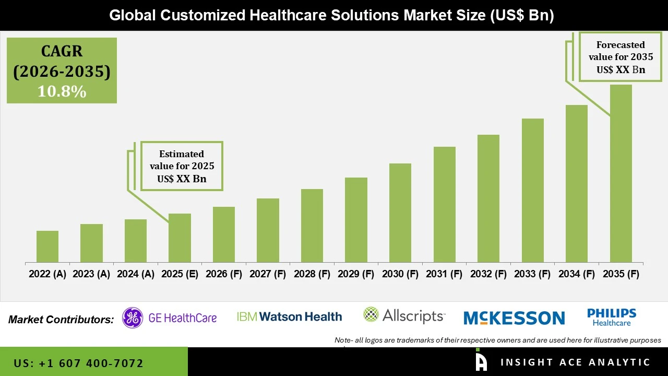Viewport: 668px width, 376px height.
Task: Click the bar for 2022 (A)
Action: pyautogui.click(x=47, y=246)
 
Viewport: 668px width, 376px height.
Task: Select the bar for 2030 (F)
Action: pyautogui.click(x=400, y=213)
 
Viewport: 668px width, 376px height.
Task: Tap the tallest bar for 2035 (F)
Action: pyautogui.click(x=621, y=173)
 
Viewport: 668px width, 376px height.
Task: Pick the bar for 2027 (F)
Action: pyautogui.click(x=268, y=230)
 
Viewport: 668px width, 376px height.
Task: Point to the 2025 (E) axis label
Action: pyautogui.click(x=180, y=274)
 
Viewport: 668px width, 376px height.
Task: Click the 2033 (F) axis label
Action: pyautogui.click(x=532, y=274)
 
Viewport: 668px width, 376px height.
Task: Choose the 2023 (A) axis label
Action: pyautogui.click(x=91, y=274)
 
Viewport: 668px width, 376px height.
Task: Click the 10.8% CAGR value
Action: pyautogui.click(x=62, y=92)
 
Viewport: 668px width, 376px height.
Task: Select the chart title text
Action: pyautogui.click(x=331, y=15)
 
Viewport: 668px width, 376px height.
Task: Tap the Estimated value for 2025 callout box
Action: pyautogui.click(x=182, y=166)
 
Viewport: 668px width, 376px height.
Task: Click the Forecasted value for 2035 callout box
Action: pyautogui.click(x=621, y=57)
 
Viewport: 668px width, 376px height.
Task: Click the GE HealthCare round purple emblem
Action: pyautogui.click(x=133, y=318)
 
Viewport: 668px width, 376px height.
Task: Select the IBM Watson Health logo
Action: pyautogui.click(x=289, y=316)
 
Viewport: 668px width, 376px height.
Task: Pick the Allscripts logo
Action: pyautogui.click(x=404, y=315)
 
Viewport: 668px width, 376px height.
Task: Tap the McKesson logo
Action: pyautogui.click(x=514, y=318)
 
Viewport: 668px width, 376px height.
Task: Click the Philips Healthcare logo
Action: pyautogui.click(x=611, y=317)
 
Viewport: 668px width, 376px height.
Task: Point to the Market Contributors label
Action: pyautogui.click(x=61, y=319)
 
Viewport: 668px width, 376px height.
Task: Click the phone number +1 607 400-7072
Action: pyautogui.click(x=79, y=363)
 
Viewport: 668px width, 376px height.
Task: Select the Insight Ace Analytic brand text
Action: pyautogui.click(x=575, y=362)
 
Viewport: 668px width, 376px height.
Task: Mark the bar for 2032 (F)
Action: pyautogui.click(x=488, y=198)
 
